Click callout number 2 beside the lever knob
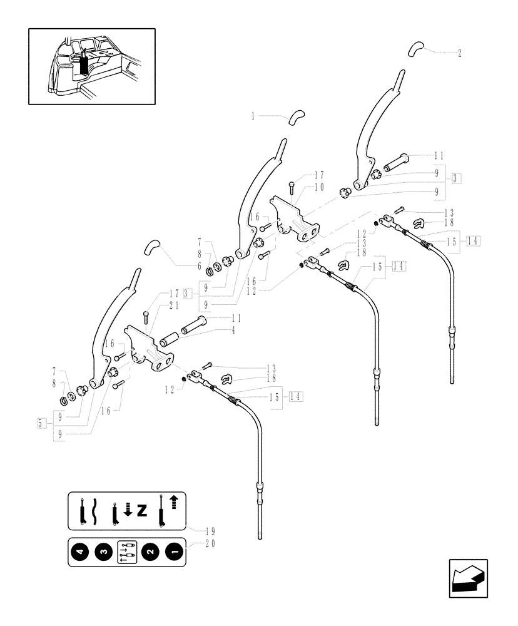pyautogui.click(x=460, y=53)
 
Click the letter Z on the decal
pyautogui.click(x=142, y=511)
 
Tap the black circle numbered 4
pyautogui.click(x=80, y=552)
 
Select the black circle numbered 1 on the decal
pyautogui.click(x=171, y=552)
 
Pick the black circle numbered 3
pyautogui.click(x=103, y=552)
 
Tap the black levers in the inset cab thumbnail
pyautogui.click(x=84, y=64)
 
